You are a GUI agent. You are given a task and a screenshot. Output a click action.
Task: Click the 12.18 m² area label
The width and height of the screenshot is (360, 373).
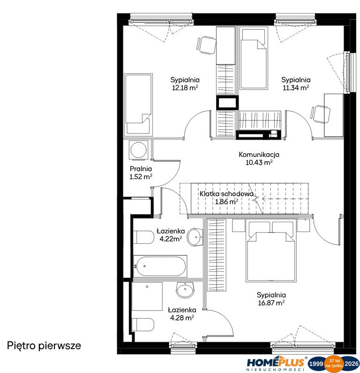pyautogui.click(x=185, y=88)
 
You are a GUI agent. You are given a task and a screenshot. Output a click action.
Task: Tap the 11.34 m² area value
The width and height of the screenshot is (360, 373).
pyautogui.click(x=296, y=88)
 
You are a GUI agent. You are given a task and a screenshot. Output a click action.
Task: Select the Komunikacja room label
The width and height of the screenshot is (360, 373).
pyautogui.click(x=259, y=154)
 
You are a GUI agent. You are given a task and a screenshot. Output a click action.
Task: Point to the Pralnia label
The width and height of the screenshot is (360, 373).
pyautogui.click(x=141, y=169)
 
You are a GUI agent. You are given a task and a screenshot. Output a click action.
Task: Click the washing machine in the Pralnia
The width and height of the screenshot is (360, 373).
pyautogui.click(x=138, y=150)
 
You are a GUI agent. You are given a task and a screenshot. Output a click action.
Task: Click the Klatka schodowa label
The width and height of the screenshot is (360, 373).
pyautogui.click(x=226, y=194)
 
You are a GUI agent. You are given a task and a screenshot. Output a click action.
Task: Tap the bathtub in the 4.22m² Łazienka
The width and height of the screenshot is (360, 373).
pyautogui.click(x=160, y=266)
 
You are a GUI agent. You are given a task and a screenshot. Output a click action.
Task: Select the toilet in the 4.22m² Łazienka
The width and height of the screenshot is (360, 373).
pyautogui.click(x=143, y=237)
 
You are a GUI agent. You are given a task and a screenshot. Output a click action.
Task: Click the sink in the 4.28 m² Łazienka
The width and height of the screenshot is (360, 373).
pyautogui.click(x=185, y=290)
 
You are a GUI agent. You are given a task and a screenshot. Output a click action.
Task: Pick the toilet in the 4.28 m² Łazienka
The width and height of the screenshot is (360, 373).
pyautogui.click(x=143, y=324)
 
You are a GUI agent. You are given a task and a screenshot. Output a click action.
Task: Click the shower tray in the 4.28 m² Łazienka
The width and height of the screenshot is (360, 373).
pyautogui.click(x=147, y=296)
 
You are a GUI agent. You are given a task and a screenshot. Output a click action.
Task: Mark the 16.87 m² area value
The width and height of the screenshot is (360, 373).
pyautogui.click(x=271, y=303)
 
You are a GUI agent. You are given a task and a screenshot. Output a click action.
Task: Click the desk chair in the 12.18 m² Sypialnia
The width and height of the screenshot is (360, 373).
pyautogui.click(x=207, y=45)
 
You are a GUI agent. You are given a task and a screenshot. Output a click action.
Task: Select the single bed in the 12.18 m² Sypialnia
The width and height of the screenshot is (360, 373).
pyautogui.click(x=138, y=105)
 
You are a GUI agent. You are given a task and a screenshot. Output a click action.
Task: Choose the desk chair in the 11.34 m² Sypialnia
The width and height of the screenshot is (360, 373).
pyautogui.click(x=321, y=114)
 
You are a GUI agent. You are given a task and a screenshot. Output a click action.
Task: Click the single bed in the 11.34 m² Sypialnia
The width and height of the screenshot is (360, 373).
pyautogui.click(x=254, y=58)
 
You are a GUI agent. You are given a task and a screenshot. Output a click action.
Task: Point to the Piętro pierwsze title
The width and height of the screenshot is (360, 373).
pyautogui.click(x=44, y=346)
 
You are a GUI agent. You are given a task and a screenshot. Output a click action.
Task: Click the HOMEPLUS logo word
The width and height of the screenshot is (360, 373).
pyautogui.click(x=276, y=362)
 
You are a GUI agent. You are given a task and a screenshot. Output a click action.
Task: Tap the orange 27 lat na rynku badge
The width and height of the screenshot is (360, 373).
pyautogui.click(x=335, y=363)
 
